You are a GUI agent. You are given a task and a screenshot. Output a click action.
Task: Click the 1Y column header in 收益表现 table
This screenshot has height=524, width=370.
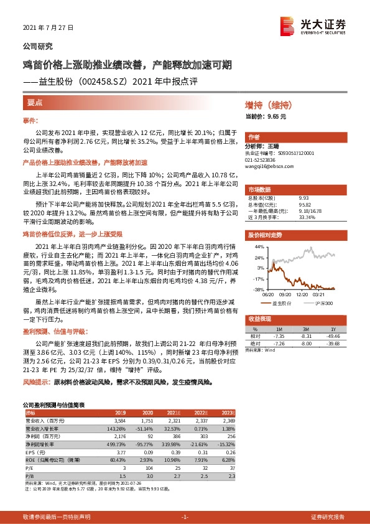point(333,329)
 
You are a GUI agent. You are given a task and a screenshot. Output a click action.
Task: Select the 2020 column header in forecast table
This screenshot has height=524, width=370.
point(148,413)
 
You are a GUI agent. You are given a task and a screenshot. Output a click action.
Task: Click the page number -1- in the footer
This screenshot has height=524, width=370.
point(185,517)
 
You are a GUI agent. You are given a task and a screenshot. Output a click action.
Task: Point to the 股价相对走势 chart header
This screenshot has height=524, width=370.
point(265,235)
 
